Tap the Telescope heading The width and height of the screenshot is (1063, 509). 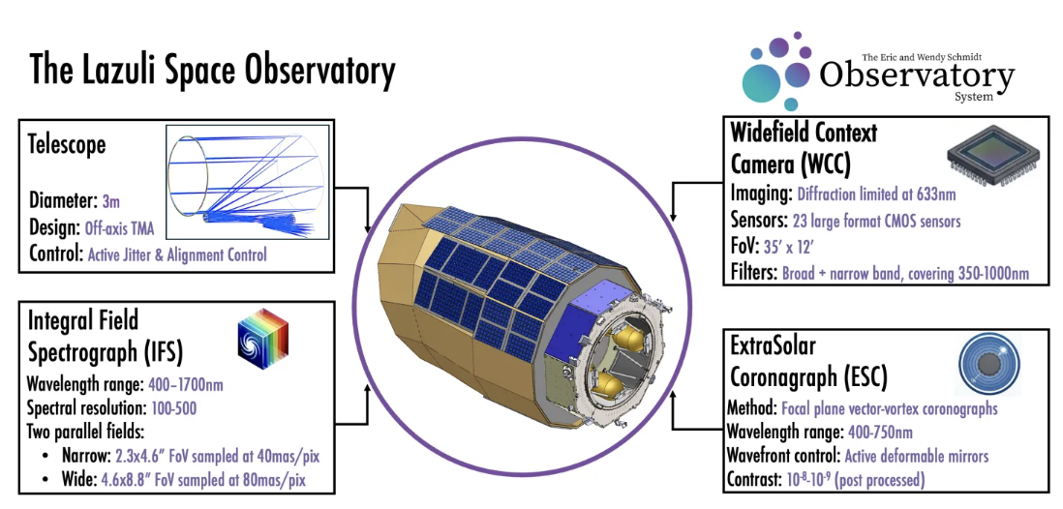point(67,145)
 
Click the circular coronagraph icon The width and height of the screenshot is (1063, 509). point(988,366)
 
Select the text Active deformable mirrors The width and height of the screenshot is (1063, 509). point(916,456)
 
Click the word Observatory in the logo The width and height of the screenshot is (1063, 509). point(916,75)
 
